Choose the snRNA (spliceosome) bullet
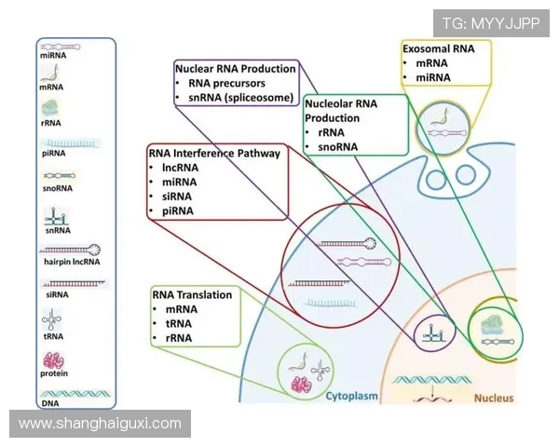click(x=240, y=98)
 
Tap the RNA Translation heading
click(x=192, y=294)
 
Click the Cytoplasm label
click(x=351, y=397)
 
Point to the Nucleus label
click(x=494, y=398)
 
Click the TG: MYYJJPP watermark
click(x=490, y=23)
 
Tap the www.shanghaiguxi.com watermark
click(x=101, y=424)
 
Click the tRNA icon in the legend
click(x=53, y=321)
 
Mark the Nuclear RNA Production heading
click(x=236, y=68)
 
